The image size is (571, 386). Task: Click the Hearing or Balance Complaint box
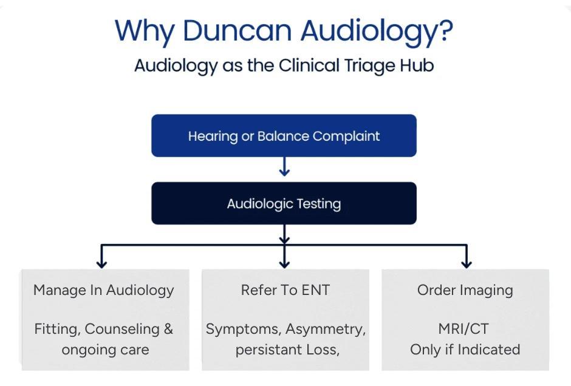point(284,136)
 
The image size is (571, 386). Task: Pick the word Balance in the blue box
point(284,136)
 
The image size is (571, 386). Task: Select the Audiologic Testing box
point(284,203)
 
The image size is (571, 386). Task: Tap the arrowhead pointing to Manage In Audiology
point(101,263)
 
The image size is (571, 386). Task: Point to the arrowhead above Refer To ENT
point(284,263)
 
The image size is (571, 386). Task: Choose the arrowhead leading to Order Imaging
point(466,263)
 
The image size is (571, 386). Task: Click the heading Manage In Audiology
point(104,290)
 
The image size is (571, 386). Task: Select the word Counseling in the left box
point(122,329)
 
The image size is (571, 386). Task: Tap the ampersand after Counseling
point(168,329)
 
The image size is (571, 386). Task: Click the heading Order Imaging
point(465,290)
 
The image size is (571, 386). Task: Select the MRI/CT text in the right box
point(463,329)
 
